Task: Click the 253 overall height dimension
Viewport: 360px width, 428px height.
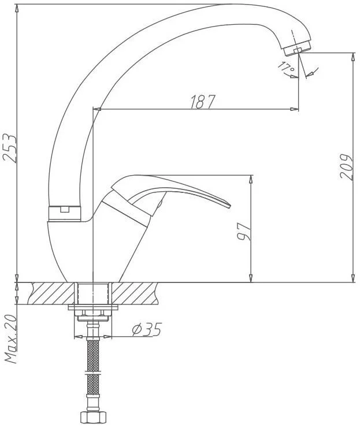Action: (10, 148)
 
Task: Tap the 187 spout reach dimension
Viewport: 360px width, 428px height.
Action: (202, 102)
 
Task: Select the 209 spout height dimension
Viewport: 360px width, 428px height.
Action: (347, 166)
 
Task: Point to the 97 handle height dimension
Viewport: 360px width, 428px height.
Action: (244, 232)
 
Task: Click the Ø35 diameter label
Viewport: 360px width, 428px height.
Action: (147, 329)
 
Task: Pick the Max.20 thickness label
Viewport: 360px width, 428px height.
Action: (11, 339)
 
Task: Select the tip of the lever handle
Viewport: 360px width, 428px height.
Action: (230, 206)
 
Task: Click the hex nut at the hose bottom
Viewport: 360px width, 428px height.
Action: (93, 417)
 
